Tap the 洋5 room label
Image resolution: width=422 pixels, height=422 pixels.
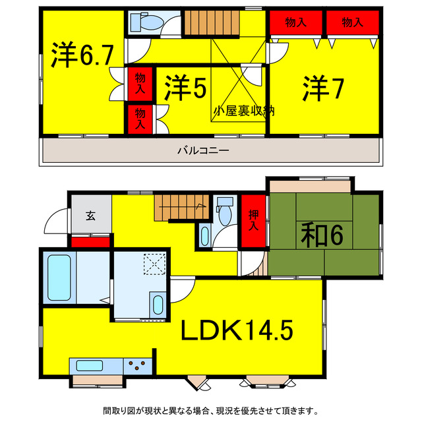pos(185,89)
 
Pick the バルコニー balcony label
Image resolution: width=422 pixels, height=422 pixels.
pos(202,150)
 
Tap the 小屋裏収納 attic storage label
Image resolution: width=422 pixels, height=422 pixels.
pos(243,111)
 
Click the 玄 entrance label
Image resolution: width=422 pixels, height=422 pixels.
pos(90,215)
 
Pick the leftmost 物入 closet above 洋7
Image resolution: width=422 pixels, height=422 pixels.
pos(295,22)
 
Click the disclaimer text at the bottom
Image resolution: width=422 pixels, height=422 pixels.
pos(211,409)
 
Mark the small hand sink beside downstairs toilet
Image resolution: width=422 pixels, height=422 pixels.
pos(204,235)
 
